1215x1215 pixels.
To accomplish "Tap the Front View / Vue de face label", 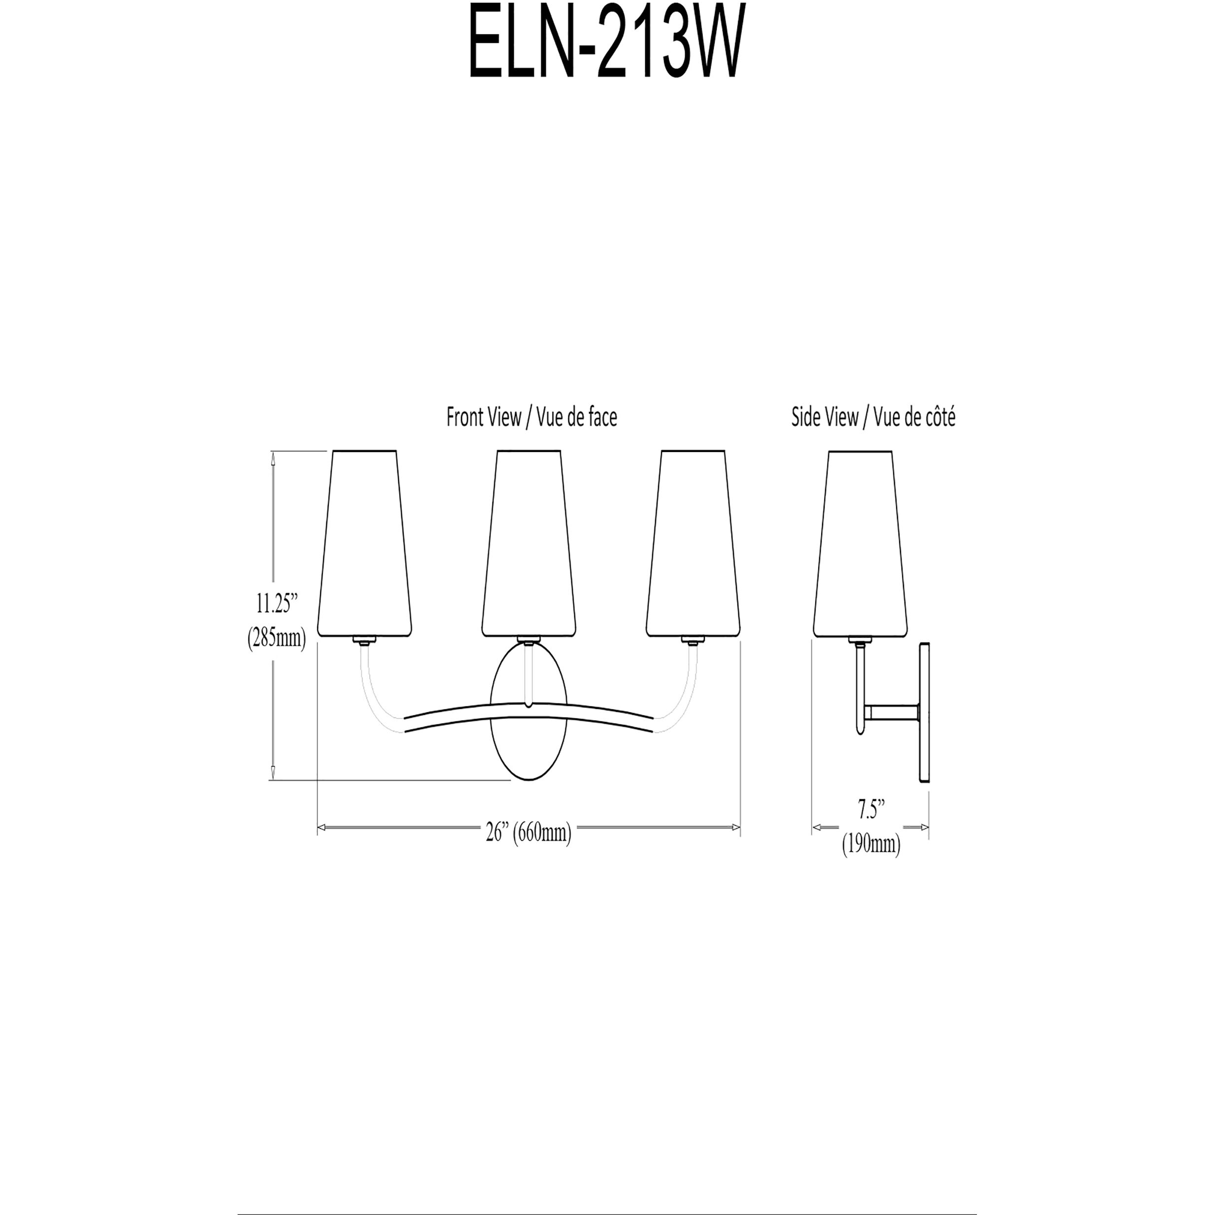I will pyautogui.click(x=531, y=417).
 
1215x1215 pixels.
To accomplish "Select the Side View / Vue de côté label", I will pyautogui.click(x=873, y=417).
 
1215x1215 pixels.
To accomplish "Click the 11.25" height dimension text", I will pyautogui.click(x=276, y=604).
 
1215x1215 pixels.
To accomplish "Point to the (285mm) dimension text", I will pyautogui.click(x=276, y=638).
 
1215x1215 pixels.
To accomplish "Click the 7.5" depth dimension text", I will pyautogui.click(x=871, y=811).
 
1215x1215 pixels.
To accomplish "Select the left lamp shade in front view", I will pyautogui.click(x=365, y=544).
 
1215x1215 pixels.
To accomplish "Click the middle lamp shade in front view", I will pyautogui.click(x=529, y=544).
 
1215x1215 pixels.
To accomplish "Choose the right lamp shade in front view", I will pyautogui.click(x=693, y=544).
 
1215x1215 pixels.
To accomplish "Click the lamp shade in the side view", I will pyautogui.click(x=860, y=544).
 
